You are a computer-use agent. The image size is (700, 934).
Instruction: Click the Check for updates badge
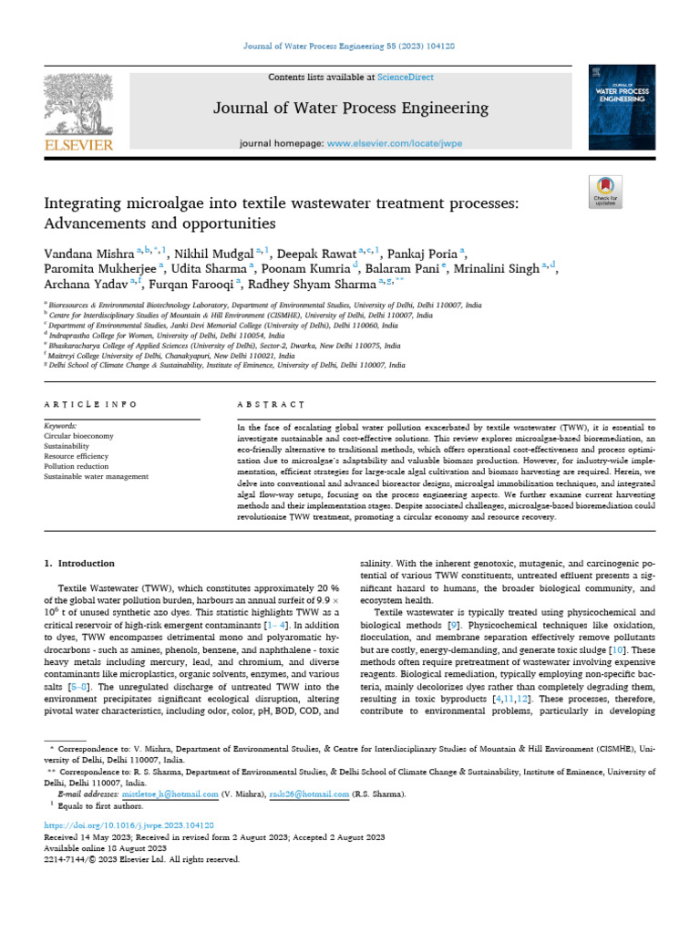(605, 189)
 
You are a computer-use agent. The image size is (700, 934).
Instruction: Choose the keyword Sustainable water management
(97, 476)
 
